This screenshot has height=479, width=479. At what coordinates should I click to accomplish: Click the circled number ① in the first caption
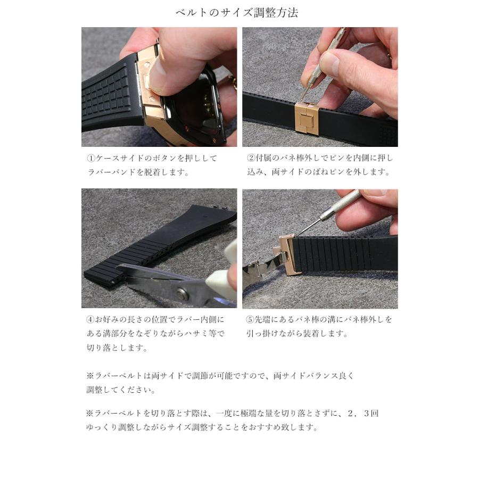pyautogui.click(x=90, y=159)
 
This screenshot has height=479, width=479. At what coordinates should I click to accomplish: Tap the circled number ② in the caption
pyautogui.click(x=251, y=159)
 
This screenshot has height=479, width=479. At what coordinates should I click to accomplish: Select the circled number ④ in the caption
pyautogui.click(x=90, y=320)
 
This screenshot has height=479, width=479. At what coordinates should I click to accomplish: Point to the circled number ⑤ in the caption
pyautogui.click(x=251, y=320)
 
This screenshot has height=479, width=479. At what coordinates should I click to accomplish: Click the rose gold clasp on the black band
pyautogui.click(x=307, y=118)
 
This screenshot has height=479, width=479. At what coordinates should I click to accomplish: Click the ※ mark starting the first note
pyautogui.click(x=89, y=376)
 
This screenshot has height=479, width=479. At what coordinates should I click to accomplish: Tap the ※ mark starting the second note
pyautogui.click(x=89, y=413)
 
